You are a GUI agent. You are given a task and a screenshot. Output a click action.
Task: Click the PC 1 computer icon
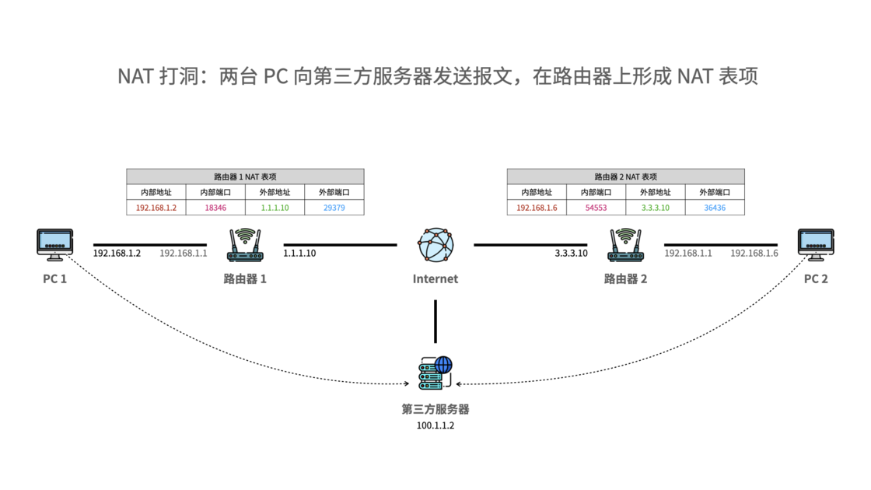pyautogui.click(x=54, y=244)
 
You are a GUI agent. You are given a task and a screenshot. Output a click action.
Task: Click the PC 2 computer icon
pyautogui.click(x=816, y=244)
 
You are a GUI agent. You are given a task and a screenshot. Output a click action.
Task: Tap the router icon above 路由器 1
pyautogui.click(x=245, y=245)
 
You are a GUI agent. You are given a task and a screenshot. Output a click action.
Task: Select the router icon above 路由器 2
pyautogui.click(x=625, y=245)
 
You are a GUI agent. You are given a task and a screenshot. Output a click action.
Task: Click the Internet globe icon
pyautogui.click(x=435, y=245)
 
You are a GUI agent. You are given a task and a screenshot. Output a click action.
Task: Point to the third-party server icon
pyautogui.click(x=435, y=373)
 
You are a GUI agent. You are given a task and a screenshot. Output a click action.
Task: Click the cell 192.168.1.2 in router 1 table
pyautogui.click(x=156, y=208)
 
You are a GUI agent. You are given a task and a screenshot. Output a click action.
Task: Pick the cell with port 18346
pyautogui.click(x=215, y=208)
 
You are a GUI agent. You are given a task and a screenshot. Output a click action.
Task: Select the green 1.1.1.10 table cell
pyautogui.click(x=275, y=208)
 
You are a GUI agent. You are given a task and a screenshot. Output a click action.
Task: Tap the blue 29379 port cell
pyautogui.click(x=334, y=208)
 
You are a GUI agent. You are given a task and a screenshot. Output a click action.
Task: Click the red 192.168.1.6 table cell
pyautogui.click(x=537, y=208)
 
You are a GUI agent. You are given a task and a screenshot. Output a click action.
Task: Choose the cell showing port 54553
pyautogui.click(x=596, y=208)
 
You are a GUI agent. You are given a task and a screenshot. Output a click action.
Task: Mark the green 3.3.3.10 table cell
pyautogui.click(x=655, y=208)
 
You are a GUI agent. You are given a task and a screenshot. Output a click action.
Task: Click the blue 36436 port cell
pyautogui.click(x=714, y=208)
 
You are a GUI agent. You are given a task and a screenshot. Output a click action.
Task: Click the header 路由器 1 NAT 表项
pyautogui.click(x=245, y=177)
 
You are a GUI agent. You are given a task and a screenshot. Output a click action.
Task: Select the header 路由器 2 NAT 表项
pyautogui.click(x=625, y=177)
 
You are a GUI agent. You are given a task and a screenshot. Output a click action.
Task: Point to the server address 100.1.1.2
pyautogui.click(x=435, y=425)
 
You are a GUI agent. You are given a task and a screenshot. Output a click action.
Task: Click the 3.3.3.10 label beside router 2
pyautogui.click(x=571, y=254)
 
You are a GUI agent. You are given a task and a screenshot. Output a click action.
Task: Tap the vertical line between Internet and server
pyautogui.click(x=435, y=320)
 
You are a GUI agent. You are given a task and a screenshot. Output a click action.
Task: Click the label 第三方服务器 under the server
pyautogui.click(x=435, y=409)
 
